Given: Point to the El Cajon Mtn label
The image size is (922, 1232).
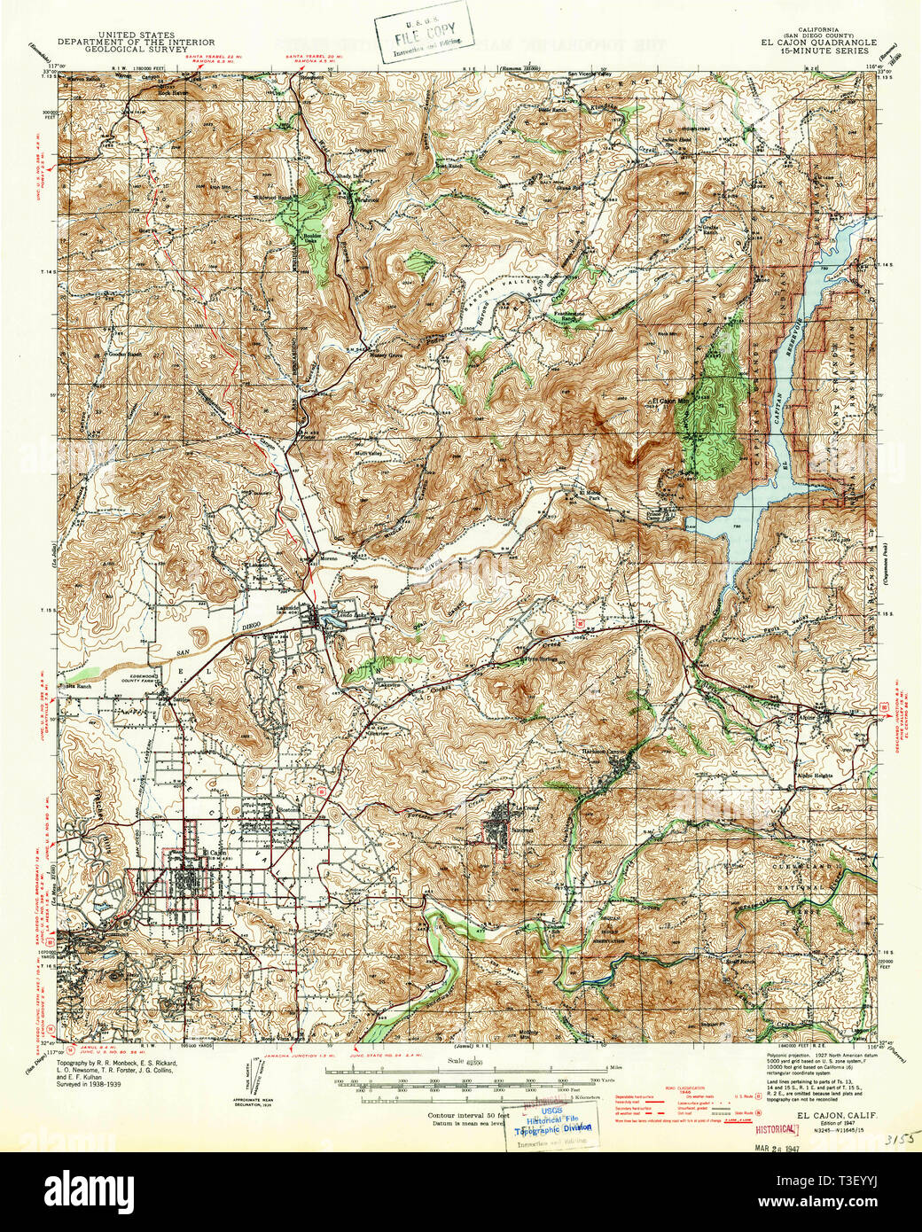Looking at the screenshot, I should pos(670,401).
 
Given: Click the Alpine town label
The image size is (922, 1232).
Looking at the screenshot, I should pos(831,712).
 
